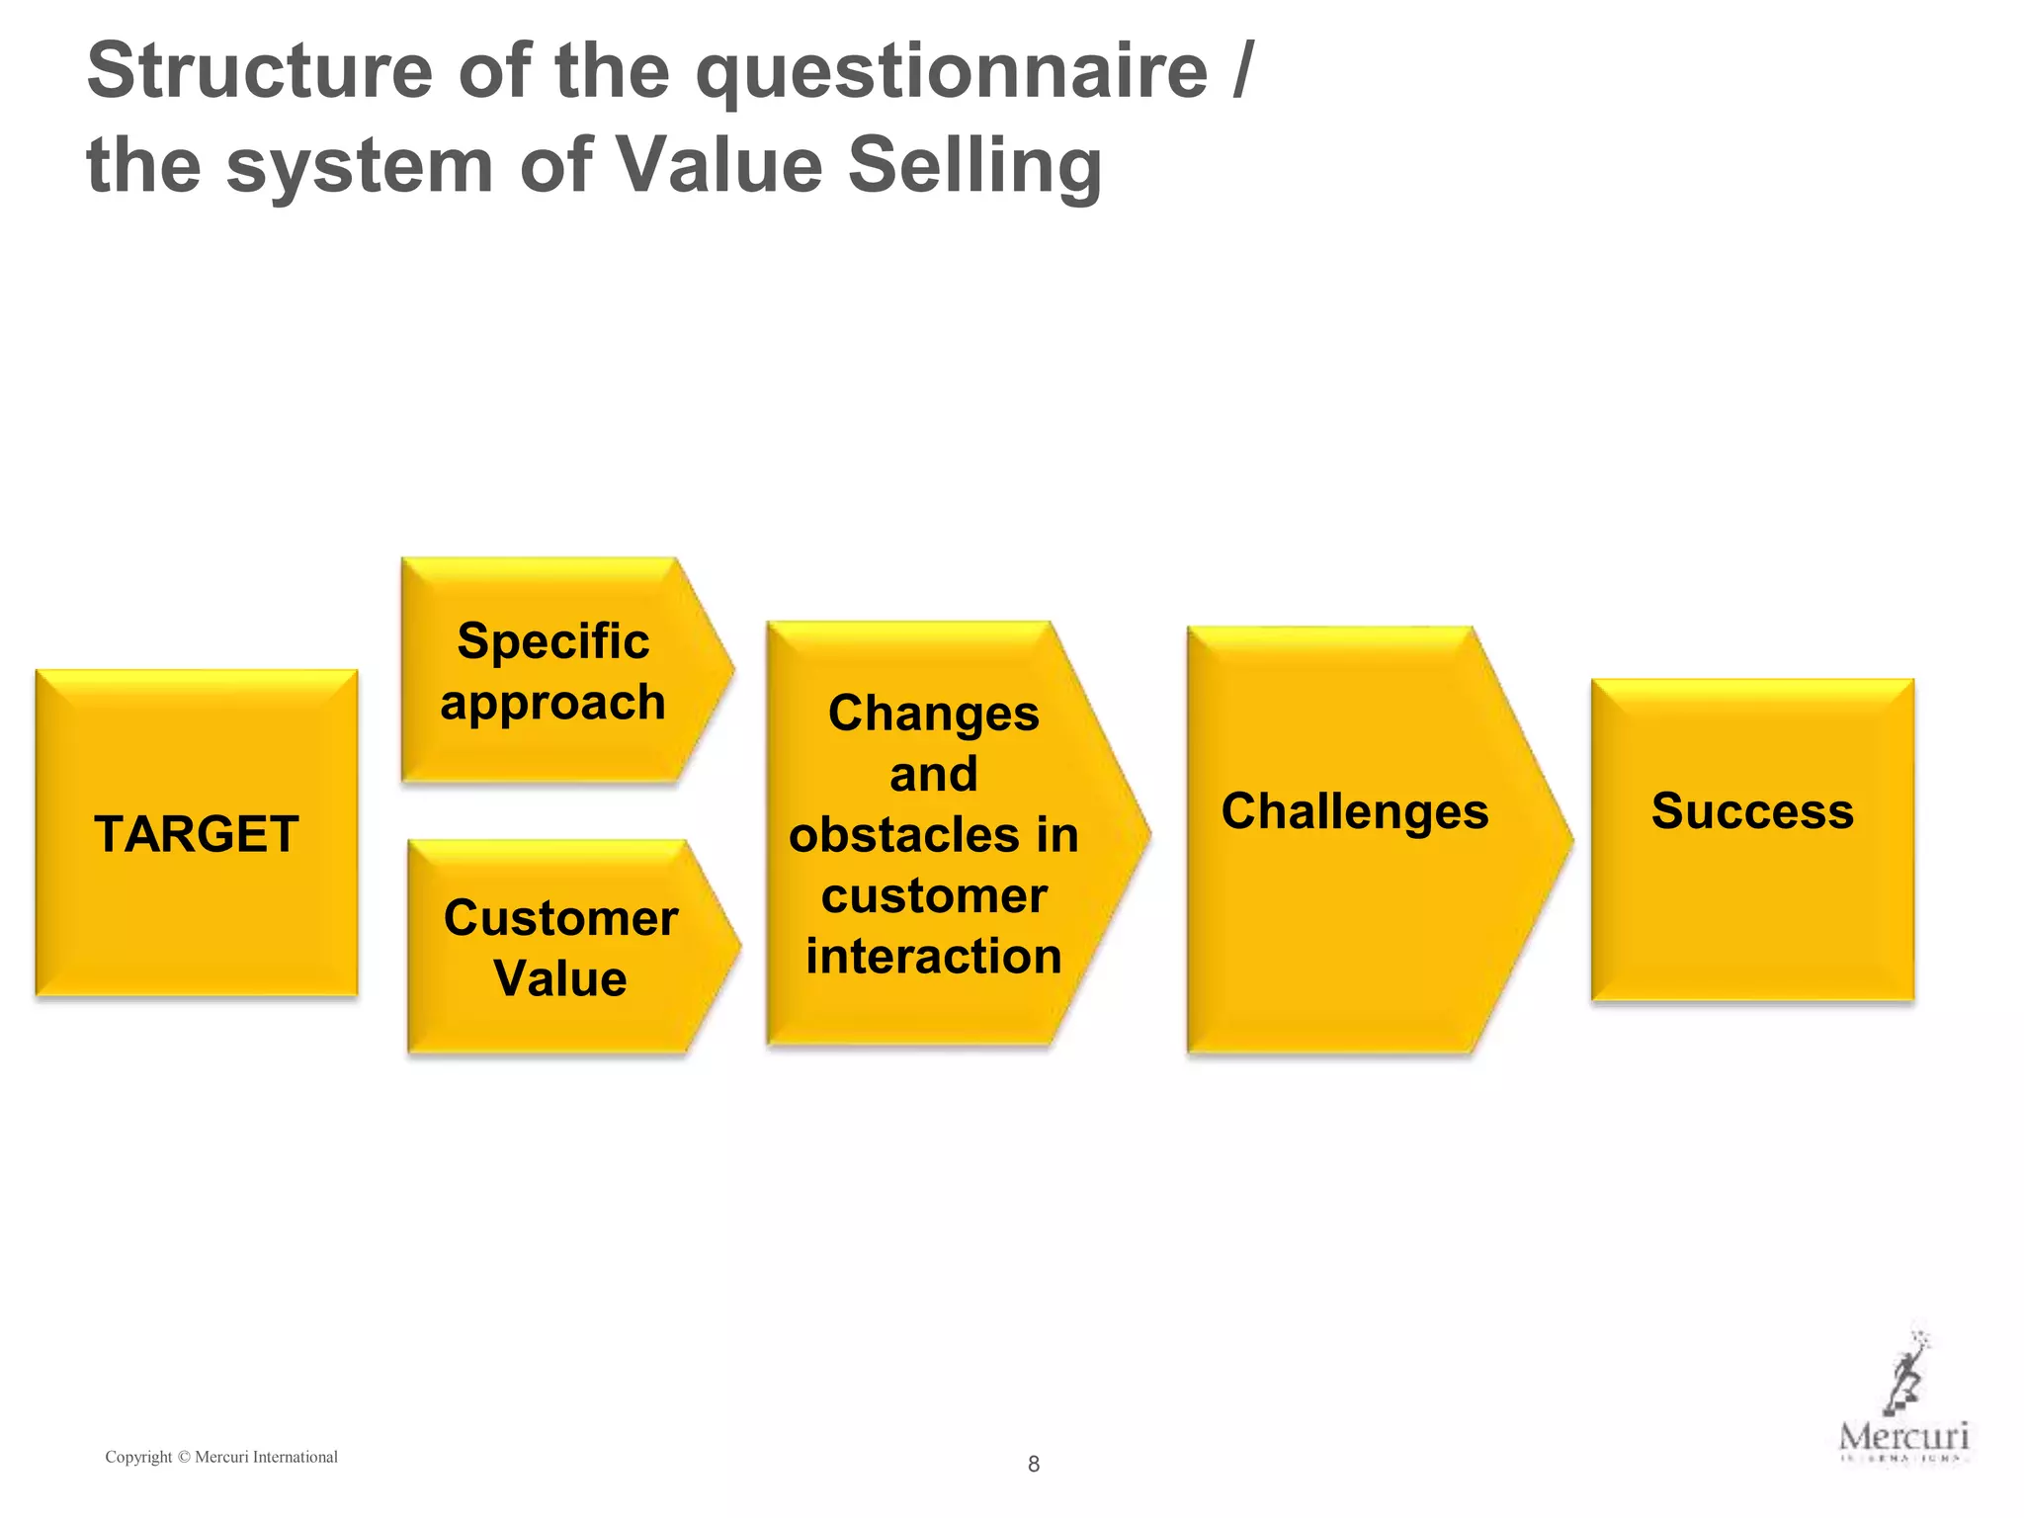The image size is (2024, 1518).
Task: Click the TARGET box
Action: tap(197, 833)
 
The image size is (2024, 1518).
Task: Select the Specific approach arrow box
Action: tap(553, 671)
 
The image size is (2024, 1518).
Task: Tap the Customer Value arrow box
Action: tap(560, 947)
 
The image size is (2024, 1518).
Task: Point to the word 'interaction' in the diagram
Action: tap(934, 957)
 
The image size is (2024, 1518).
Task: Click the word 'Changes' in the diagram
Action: tap(934, 714)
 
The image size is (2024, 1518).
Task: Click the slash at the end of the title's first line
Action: tap(1243, 72)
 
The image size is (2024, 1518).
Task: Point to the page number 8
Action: tap(1034, 1464)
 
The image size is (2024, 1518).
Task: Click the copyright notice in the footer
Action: tap(221, 1457)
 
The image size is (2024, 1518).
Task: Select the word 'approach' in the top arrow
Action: tap(553, 703)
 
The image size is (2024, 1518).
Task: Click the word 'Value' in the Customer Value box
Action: tap(560, 978)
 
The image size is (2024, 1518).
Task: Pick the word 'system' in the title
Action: tap(360, 165)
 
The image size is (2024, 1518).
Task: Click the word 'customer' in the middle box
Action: tap(934, 896)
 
